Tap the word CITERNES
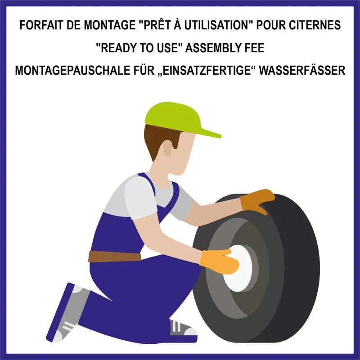[x=315, y=25]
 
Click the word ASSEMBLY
[x=213, y=48]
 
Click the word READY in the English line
[x=118, y=48]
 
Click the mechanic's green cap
[x=177, y=119]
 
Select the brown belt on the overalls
[x=115, y=256]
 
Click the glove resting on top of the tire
[x=257, y=201]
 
